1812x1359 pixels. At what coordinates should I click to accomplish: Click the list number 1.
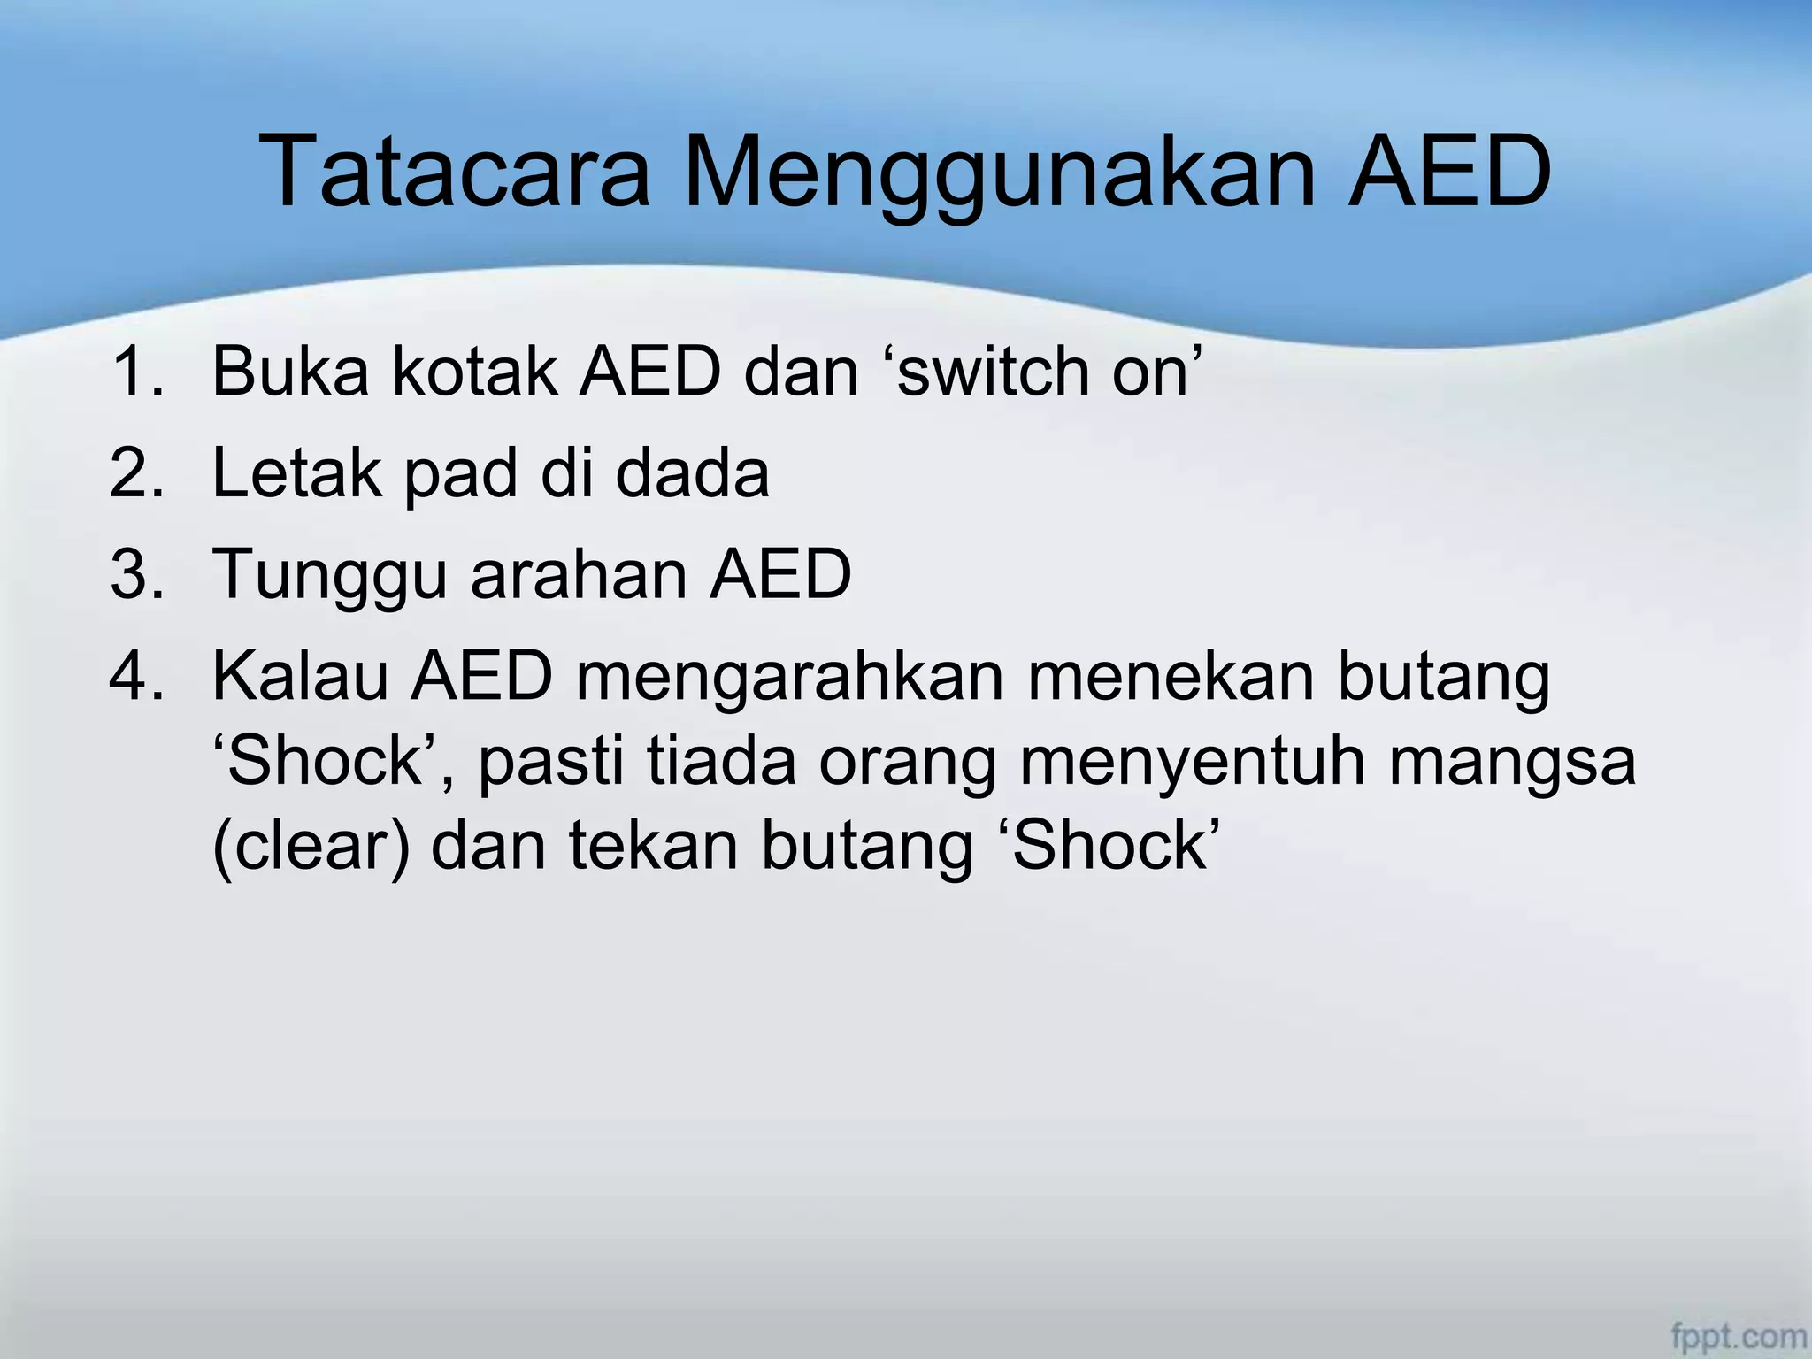coord(136,371)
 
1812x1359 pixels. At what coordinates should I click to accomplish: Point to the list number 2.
coord(136,472)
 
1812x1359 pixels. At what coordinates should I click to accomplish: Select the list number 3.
coord(136,573)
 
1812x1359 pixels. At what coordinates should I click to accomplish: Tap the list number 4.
coord(136,676)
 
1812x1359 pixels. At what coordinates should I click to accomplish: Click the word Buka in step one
coord(290,371)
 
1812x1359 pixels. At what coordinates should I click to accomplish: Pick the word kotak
coord(474,371)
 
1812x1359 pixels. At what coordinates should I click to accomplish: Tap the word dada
coord(692,472)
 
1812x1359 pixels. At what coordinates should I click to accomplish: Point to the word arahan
coord(579,573)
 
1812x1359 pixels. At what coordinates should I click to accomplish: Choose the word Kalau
coord(300,676)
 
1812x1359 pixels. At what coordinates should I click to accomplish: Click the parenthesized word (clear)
coord(311,846)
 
